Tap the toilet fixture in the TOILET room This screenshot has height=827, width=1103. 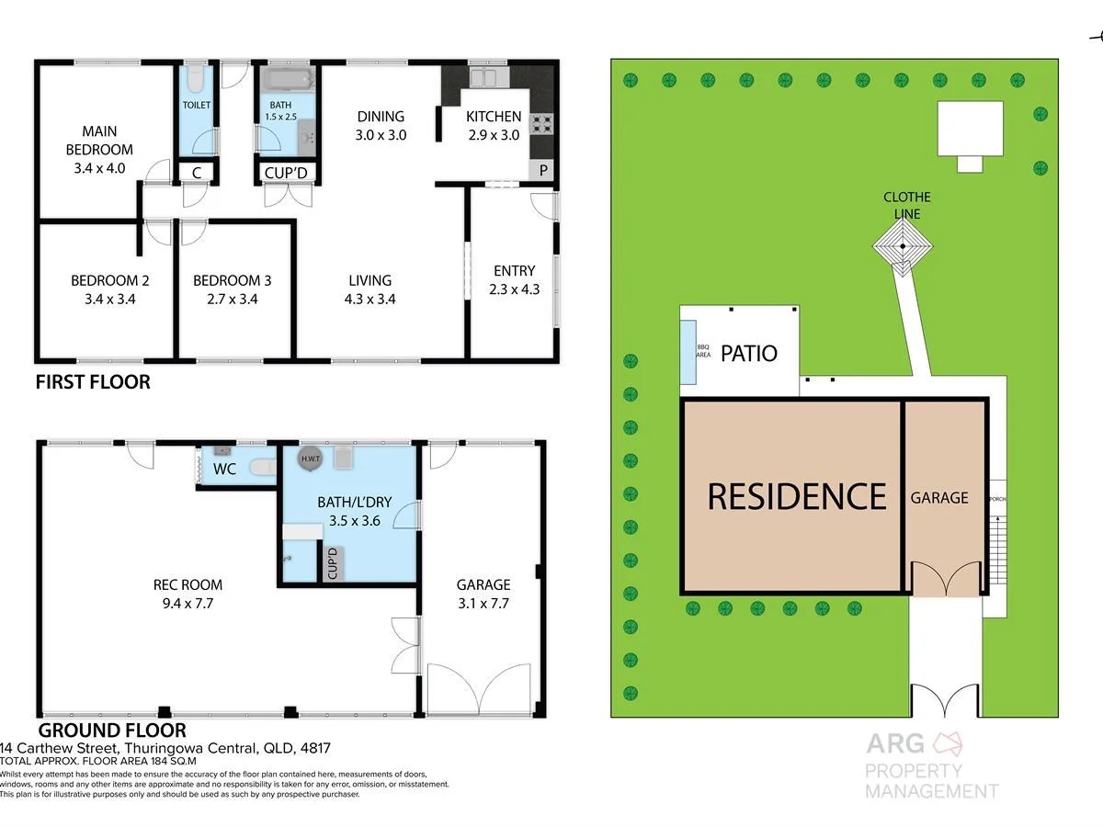point(193,82)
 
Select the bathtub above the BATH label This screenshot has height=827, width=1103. point(287,79)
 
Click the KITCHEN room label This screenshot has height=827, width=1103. point(494,117)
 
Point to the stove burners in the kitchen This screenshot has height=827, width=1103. point(541,122)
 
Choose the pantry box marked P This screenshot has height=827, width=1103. point(542,170)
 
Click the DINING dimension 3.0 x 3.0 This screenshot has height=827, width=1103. point(381,135)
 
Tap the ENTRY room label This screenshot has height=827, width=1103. point(514,270)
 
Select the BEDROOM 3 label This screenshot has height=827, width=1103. point(232,280)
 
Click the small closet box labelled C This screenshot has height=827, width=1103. point(196,172)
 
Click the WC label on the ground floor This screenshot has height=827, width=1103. point(225,470)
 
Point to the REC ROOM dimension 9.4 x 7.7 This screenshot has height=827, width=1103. point(188,603)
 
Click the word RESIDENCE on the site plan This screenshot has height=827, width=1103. point(796,496)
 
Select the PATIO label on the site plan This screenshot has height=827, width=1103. point(748,353)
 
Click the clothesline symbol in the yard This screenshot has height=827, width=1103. point(904,246)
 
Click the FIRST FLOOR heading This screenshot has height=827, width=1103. point(92,381)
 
